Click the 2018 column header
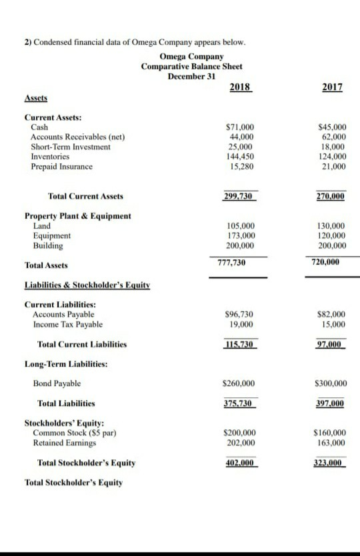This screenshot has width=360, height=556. click(239, 88)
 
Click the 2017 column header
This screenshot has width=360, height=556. click(332, 88)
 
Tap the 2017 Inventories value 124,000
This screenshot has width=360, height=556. click(333, 157)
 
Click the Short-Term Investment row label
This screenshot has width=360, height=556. click(71, 147)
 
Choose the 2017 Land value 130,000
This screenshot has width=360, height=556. click(333, 226)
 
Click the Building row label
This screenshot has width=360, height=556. click(48, 245)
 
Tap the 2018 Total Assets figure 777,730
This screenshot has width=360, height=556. click(232, 263)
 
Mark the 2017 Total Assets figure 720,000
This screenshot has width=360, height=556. click(325, 263)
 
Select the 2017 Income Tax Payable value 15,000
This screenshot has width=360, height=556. click(333, 325)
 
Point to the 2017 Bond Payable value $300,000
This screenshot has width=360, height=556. click(330, 383)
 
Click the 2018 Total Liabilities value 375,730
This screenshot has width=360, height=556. click(239, 403)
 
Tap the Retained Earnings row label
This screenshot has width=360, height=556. click(63, 443)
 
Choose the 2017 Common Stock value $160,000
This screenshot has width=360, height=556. click(330, 433)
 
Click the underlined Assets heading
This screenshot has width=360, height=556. click(36, 97)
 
